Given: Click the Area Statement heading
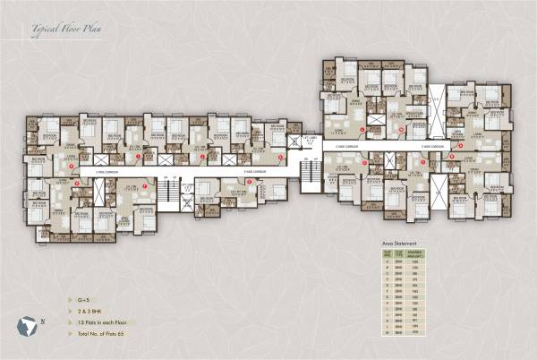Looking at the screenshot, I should click(x=399, y=243).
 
